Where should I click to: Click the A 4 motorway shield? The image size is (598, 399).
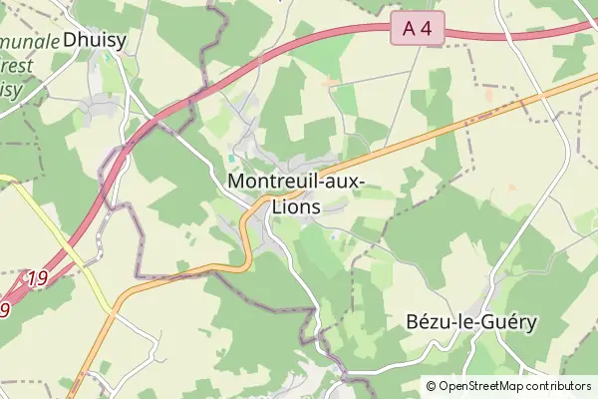point(418,30)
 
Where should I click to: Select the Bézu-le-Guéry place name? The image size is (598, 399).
point(471,322)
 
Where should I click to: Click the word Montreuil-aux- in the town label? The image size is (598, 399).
point(296,182)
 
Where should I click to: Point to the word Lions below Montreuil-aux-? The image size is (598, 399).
point(296,206)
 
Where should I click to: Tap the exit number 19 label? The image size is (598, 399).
point(38,277)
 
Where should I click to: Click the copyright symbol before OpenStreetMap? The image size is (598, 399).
point(431,386)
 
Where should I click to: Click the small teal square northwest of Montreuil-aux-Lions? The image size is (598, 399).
point(231,158)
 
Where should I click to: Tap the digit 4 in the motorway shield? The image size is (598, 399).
point(427,30)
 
